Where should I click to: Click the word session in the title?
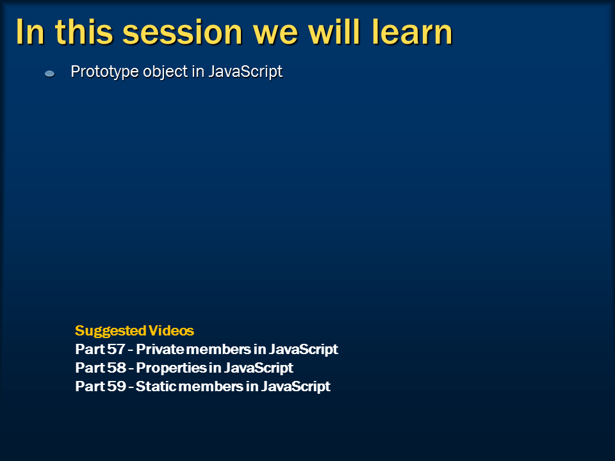click(183, 33)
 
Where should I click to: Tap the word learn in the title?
click(412, 31)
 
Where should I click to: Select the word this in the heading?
click(83, 31)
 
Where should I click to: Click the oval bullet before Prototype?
click(49, 73)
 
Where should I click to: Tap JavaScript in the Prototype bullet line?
click(245, 72)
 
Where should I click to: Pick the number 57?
click(116, 349)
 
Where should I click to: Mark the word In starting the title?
click(30, 32)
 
